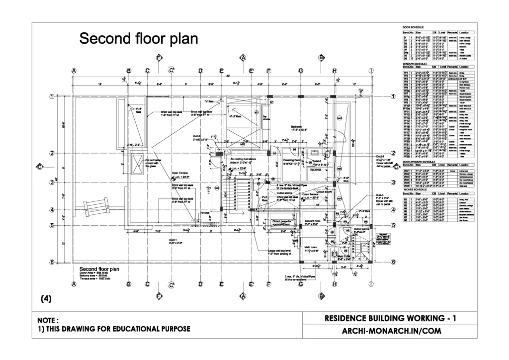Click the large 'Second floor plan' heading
click(139, 38)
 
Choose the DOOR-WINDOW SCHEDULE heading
click(419, 162)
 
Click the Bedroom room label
click(297, 127)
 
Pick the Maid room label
click(311, 247)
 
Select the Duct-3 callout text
click(382, 156)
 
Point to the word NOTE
click(48, 320)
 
